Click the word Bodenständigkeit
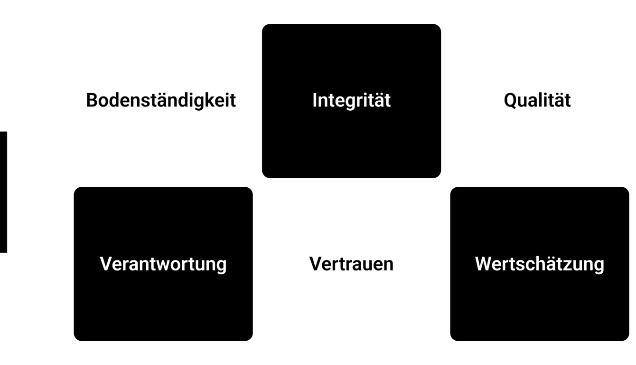[x=161, y=100]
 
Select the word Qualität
[x=537, y=100]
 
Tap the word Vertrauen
[x=351, y=264]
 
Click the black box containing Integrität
[x=351, y=101]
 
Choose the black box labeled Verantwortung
[x=163, y=264]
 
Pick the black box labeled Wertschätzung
[x=540, y=264]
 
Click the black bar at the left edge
[x=3, y=192]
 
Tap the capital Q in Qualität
[x=511, y=101]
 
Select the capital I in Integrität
[x=315, y=100]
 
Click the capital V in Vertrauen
[x=317, y=264]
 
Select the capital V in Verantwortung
[x=107, y=264]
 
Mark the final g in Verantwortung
[x=221, y=267]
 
